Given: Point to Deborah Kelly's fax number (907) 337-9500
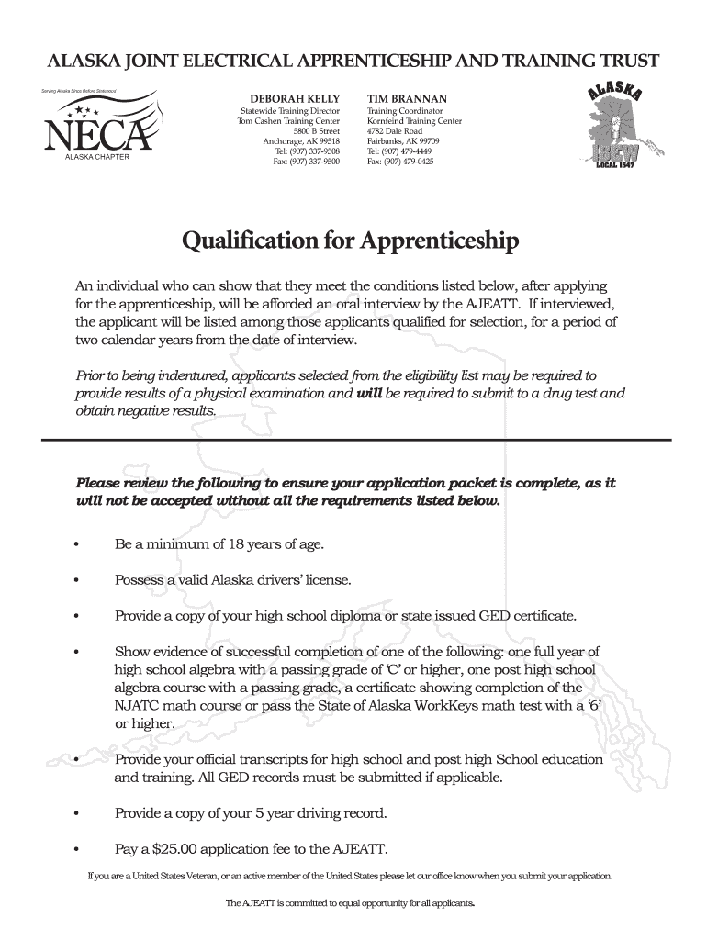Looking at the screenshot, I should pyautogui.click(x=307, y=161).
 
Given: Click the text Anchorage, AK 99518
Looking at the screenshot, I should pyautogui.click(x=301, y=141).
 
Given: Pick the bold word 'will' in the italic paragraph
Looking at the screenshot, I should pyautogui.click(x=368, y=393).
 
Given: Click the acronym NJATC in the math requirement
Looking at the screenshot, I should pyautogui.click(x=139, y=705).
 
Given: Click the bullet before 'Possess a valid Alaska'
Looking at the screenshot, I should pyautogui.click(x=77, y=581).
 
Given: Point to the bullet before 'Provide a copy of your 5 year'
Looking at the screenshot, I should pyautogui.click(x=77, y=813).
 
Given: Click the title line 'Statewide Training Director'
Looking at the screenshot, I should pyautogui.click(x=284, y=111).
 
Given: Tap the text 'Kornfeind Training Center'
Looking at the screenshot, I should pyautogui.click(x=414, y=121).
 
